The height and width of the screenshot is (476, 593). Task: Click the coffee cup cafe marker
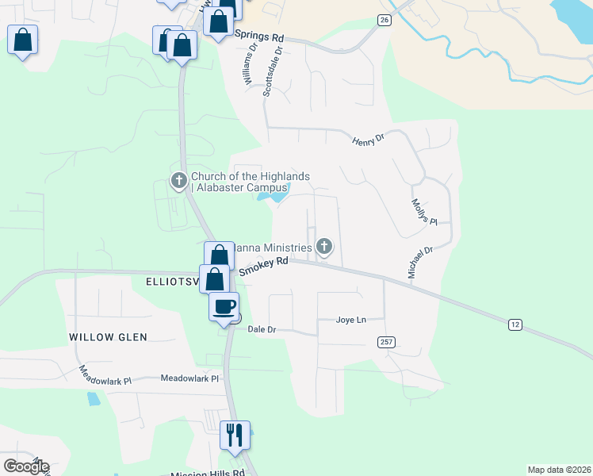(224, 306)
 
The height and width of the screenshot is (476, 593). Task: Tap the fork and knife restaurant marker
(235, 435)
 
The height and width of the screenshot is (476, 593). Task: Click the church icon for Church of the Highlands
(178, 181)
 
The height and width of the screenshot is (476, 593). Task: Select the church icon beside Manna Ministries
(323, 247)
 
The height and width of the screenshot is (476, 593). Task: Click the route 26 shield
(384, 20)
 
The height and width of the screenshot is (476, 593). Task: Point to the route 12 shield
(515, 324)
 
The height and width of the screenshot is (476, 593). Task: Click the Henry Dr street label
(368, 139)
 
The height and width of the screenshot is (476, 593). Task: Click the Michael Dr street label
(420, 262)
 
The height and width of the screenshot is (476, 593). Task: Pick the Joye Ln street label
(351, 321)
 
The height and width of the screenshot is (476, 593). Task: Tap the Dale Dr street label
(261, 328)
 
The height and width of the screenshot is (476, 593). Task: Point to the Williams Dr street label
(251, 63)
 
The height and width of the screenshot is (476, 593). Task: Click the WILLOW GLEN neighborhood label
(108, 337)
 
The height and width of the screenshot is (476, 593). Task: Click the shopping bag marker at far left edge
(23, 39)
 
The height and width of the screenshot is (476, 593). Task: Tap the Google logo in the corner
(26, 466)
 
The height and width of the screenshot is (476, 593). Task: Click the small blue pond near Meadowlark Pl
(94, 398)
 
